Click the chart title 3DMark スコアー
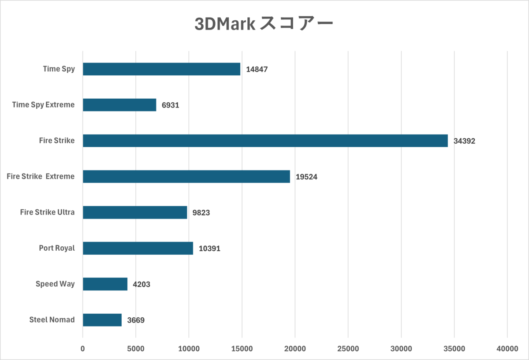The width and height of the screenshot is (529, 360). click(x=264, y=24)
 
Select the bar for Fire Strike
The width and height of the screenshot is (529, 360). click(x=265, y=141)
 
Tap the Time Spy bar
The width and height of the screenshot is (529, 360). click(x=161, y=69)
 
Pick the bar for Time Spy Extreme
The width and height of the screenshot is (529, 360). click(x=119, y=105)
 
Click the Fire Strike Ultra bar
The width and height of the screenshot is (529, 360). click(x=135, y=212)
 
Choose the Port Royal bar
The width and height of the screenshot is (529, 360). click(x=138, y=248)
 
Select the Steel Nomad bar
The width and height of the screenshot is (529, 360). click(x=102, y=320)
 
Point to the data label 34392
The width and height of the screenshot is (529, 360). click(x=464, y=141)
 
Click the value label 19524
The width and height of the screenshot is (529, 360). click(x=306, y=177)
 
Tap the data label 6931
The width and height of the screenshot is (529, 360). click(x=170, y=106)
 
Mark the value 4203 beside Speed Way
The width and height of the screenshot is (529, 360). click(x=142, y=285)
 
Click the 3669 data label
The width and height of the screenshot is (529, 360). click(x=136, y=320)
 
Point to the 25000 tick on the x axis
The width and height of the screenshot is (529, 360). click(x=348, y=349)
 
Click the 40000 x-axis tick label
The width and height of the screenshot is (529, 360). click(x=507, y=349)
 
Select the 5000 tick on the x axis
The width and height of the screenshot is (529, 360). click(x=136, y=349)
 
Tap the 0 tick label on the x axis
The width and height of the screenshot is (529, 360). click(x=83, y=349)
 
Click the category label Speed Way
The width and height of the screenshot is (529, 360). click(x=55, y=284)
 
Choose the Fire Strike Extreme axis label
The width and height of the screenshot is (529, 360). click(x=41, y=176)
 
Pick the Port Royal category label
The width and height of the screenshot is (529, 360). click(x=57, y=248)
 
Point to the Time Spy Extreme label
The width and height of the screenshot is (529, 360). click(x=43, y=105)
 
